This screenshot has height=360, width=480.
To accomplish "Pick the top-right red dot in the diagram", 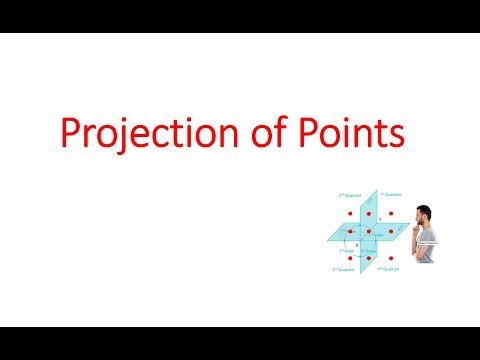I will (x=391, y=214).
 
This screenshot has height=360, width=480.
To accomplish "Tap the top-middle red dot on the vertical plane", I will (x=368, y=214).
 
